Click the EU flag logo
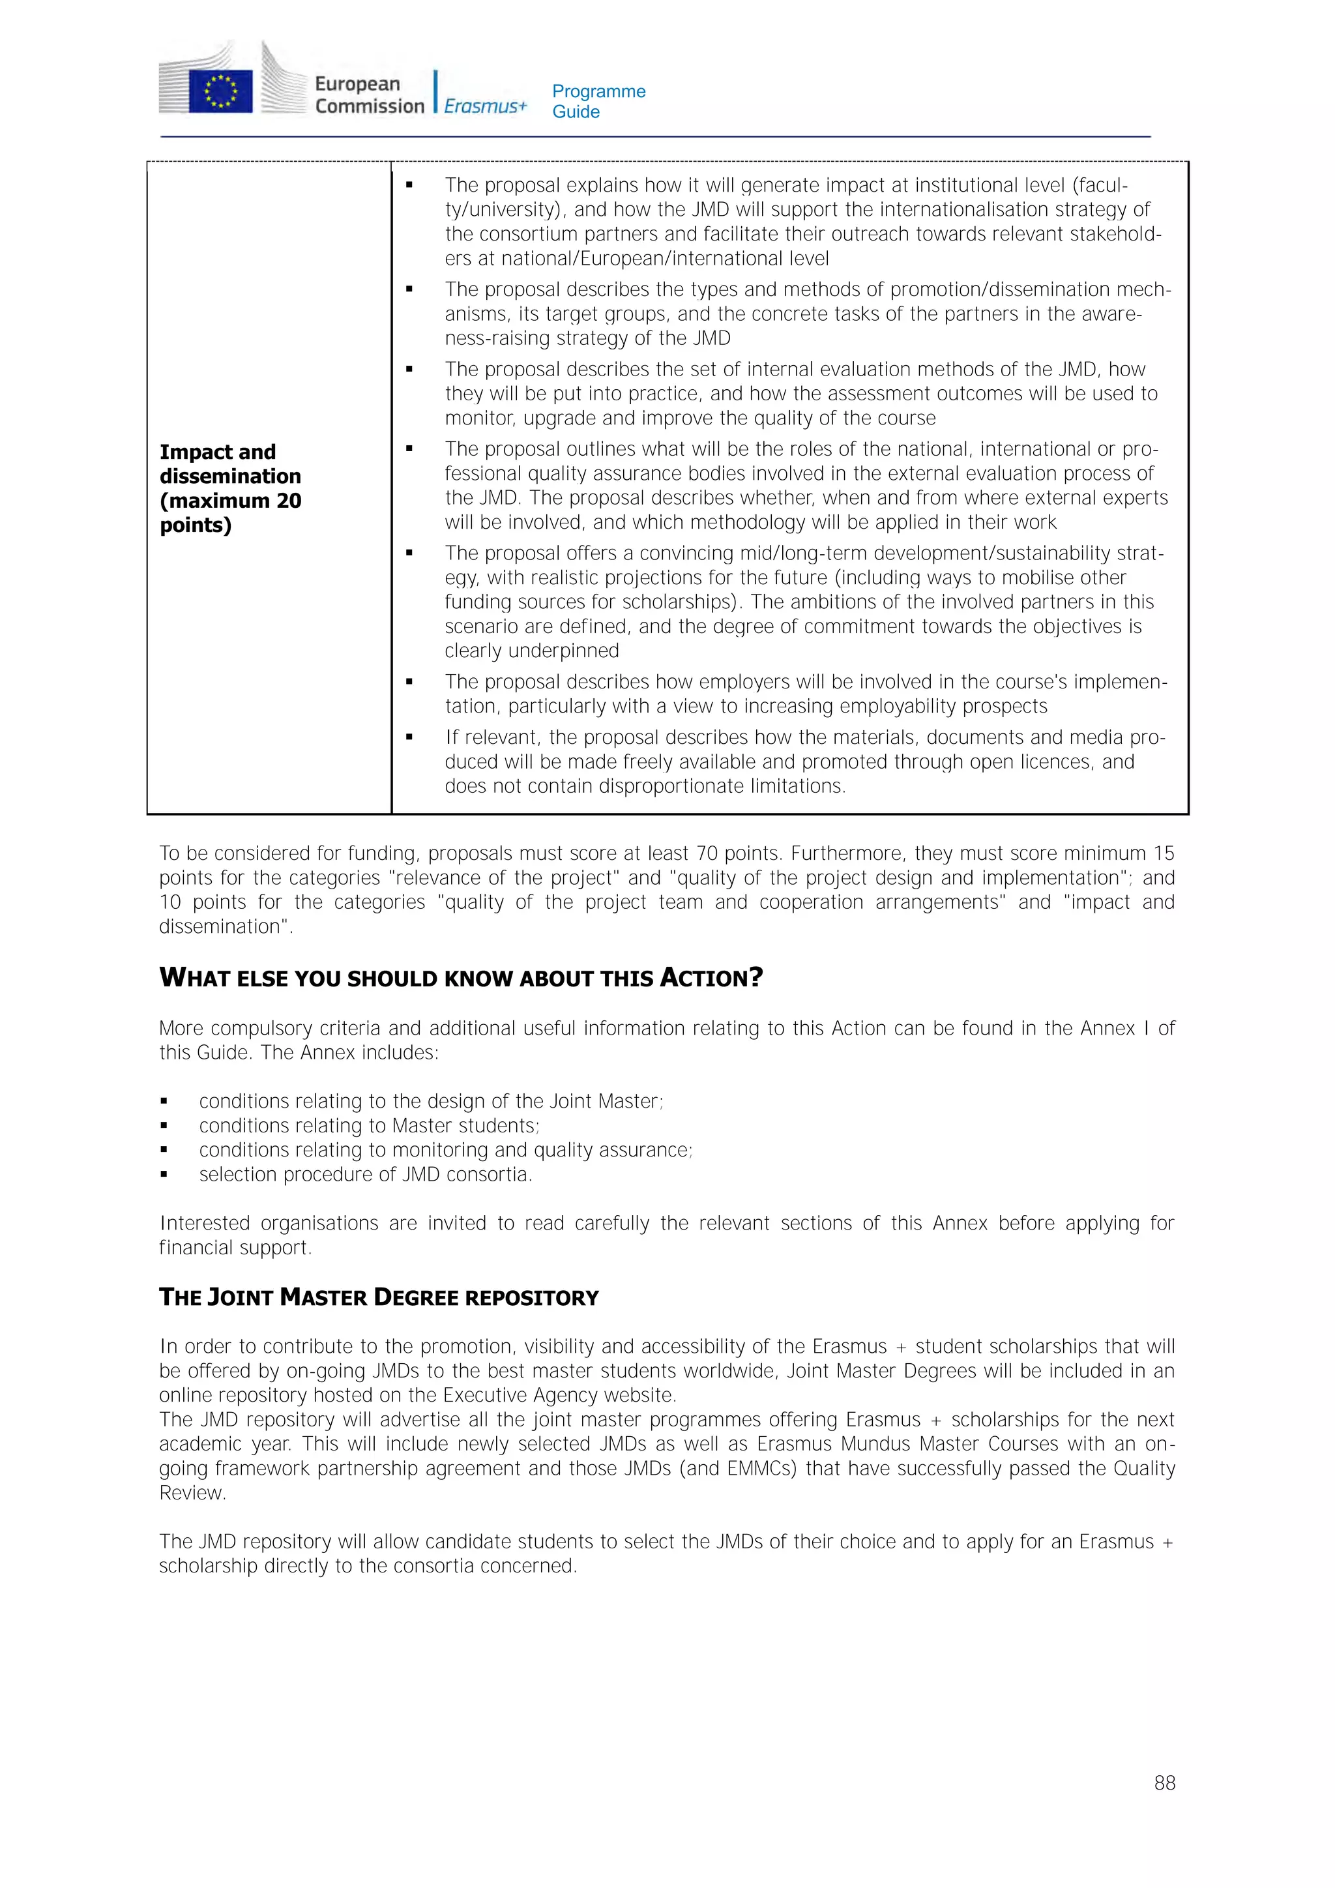[220, 91]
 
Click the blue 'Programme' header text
[598, 91]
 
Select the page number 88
[1164, 1783]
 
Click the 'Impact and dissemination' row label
[230, 488]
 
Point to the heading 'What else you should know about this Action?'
[460, 978]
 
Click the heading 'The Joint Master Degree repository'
[378, 1297]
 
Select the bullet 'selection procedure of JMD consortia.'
[365, 1174]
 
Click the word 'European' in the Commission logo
[357, 84]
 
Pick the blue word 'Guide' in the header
[576, 112]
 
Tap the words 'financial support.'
[235, 1247]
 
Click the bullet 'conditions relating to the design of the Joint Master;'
[431, 1101]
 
